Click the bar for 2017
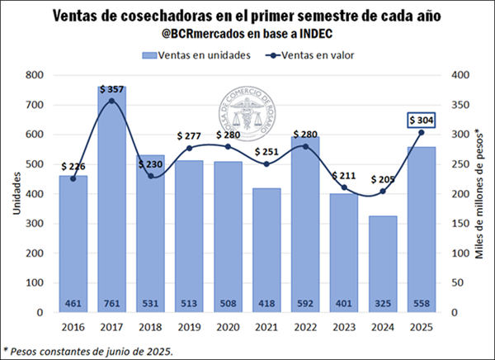pos(112,198)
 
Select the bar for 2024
pos(382,264)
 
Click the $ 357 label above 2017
pos(112,88)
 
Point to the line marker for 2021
pos(266,163)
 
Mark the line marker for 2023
pos(343,187)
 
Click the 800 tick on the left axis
pos(32,75)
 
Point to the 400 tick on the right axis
pos(460,75)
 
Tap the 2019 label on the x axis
pos(189,328)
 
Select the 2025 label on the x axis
pos(420,328)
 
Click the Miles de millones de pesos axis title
pos(479,194)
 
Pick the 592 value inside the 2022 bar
pos(304,302)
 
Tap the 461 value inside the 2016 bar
pos(73,302)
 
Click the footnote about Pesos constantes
pos(90,350)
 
